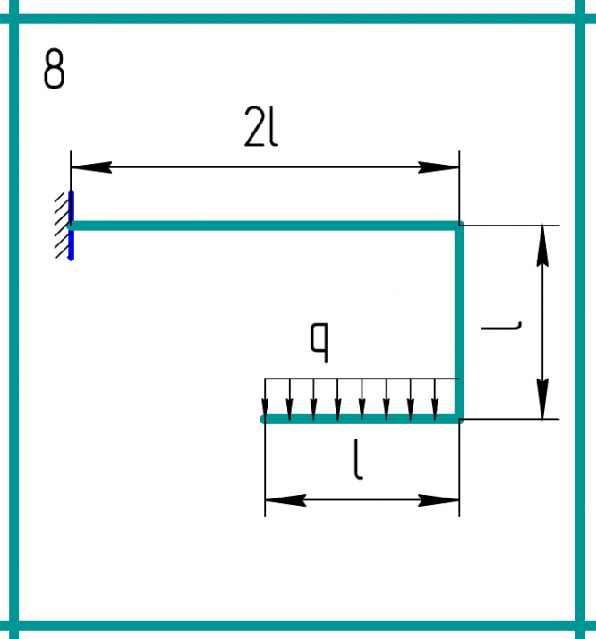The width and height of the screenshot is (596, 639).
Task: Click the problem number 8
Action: coord(54,70)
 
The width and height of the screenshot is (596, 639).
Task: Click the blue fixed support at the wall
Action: coord(71,226)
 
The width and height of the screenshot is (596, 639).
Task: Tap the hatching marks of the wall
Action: coord(62,226)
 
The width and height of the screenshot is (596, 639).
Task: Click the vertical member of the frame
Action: coord(461,322)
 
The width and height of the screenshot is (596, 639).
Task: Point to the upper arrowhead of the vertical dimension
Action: coord(542,245)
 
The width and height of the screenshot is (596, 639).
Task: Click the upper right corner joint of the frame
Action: coord(461,226)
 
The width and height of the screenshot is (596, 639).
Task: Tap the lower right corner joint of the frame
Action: coord(461,418)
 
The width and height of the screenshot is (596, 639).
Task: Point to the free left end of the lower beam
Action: coord(264,418)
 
